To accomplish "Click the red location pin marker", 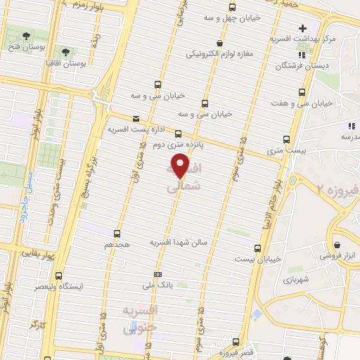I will coord(181,167).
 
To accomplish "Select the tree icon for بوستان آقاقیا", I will coord(66,52).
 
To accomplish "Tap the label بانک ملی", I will coord(158,285).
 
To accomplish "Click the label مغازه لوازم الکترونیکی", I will coord(225,53).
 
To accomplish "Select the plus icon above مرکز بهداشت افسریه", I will coord(302,29).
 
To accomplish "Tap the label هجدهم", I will coord(117,245).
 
